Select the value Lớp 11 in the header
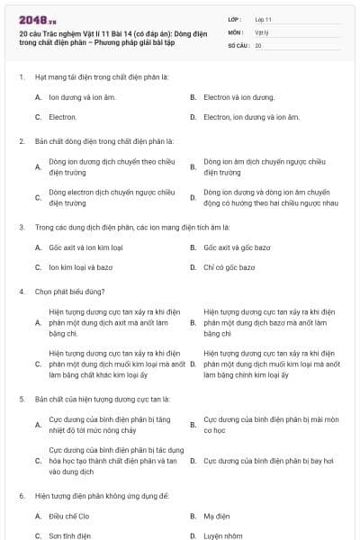[x=264, y=19]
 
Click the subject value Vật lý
[x=261, y=31]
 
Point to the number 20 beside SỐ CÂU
[x=258, y=45]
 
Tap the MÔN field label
[x=236, y=31]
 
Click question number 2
[x=22, y=141]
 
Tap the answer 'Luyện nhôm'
[x=223, y=535]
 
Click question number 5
[x=22, y=397]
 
